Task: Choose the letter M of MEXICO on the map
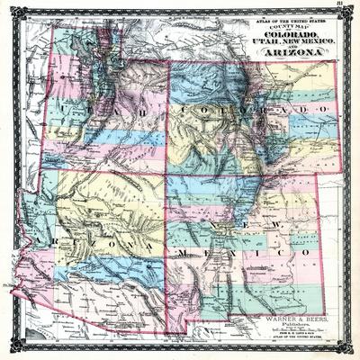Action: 183,255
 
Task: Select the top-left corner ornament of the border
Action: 8,8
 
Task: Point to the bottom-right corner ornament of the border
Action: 352,352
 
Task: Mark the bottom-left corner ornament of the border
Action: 8,352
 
